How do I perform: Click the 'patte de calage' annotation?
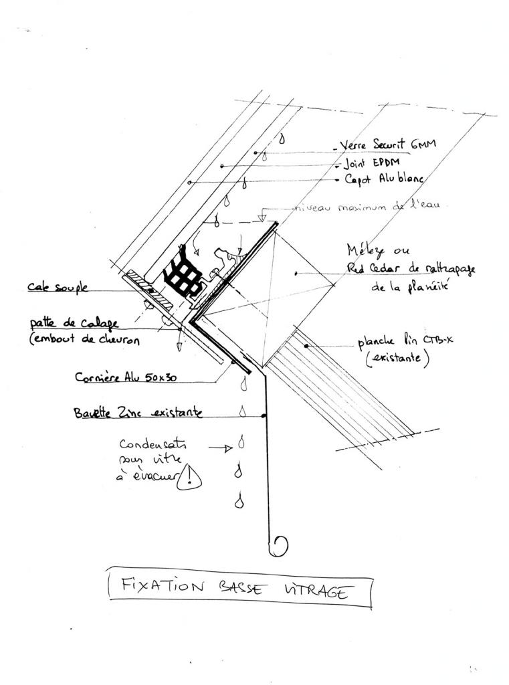(74, 323)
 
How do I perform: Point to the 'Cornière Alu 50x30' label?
(125, 377)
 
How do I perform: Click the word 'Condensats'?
(154, 444)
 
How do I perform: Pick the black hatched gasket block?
(181, 274)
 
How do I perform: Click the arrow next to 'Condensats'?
(220, 448)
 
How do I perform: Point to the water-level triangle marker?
(263, 218)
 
